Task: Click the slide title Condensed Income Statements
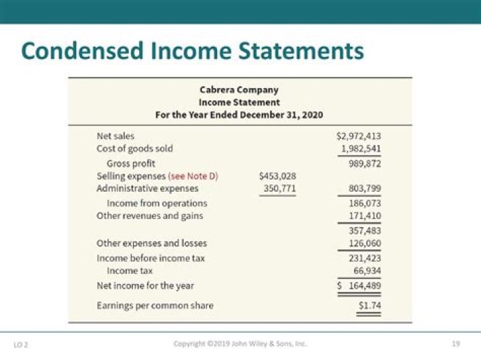coord(192,51)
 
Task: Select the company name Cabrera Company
coord(239,89)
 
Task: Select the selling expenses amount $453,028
coord(277,176)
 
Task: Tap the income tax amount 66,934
coord(367,271)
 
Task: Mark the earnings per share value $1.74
coord(370,305)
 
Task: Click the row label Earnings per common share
coord(155,305)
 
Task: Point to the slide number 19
coord(456,344)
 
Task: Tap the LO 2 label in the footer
coord(21,345)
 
